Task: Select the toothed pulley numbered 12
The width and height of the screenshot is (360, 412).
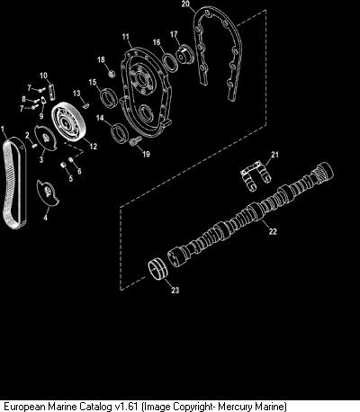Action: [x=68, y=121]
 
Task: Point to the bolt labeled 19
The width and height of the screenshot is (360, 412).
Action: [x=135, y=140]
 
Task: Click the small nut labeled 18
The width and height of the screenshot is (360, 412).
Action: [x=111, y=73]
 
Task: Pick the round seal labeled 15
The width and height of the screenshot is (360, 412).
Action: [x=108, y=96]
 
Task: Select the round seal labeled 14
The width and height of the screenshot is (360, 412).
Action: [x=120, y=132]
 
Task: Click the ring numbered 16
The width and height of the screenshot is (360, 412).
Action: [x=170, y=62]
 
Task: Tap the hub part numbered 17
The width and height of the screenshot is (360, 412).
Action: [x=186, y=54]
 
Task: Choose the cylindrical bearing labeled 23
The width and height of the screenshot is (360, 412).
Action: [x=157, y=269]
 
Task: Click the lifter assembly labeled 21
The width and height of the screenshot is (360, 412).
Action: [x=256, y=176]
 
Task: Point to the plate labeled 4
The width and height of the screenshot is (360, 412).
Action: [x=48, y=193]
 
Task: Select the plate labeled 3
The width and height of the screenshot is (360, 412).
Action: [x=45, y=138]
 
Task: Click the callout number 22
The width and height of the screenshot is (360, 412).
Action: [x=273, y=231]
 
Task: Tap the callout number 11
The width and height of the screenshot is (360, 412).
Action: [x=125, y=37]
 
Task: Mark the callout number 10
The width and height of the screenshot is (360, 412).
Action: [x=43, y=76]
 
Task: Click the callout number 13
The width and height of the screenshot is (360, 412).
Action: [x=76, y=94]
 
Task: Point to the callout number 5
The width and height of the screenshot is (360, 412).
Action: [x=70, y=179]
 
